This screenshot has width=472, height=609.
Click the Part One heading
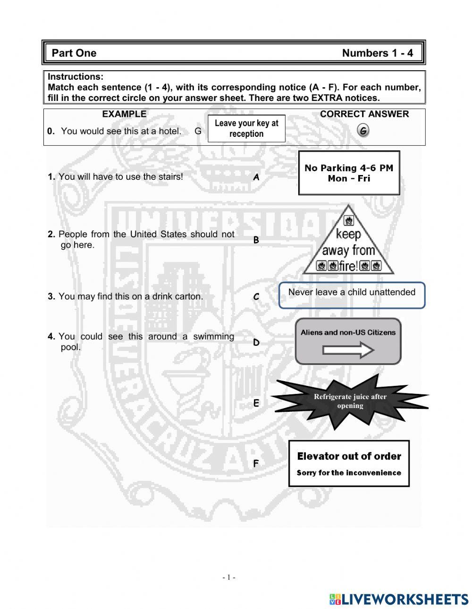click(74, 53)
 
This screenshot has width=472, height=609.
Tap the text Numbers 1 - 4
click(377, 53)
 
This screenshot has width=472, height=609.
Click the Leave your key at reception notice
click(246, 128)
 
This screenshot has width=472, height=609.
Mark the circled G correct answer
click(363, 131)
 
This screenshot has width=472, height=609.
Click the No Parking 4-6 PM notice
click(349, 173)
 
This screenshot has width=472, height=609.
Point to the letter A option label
click(256, 177)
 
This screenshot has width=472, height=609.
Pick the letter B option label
click(256, 240)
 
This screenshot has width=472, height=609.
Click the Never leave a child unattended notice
click(352, 292)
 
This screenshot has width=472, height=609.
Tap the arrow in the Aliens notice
click(348, 350)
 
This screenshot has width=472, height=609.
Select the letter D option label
click(256, 342)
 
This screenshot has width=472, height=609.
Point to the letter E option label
click(256, 403)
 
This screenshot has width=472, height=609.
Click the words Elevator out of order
click(349, 456)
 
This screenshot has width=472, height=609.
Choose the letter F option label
click(256, 464)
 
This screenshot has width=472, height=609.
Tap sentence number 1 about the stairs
click(116, 177)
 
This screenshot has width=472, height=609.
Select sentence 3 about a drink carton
click(126, 297)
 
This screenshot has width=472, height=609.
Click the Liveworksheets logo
click(399, 599)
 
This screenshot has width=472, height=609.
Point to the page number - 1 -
click(229, 577)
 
